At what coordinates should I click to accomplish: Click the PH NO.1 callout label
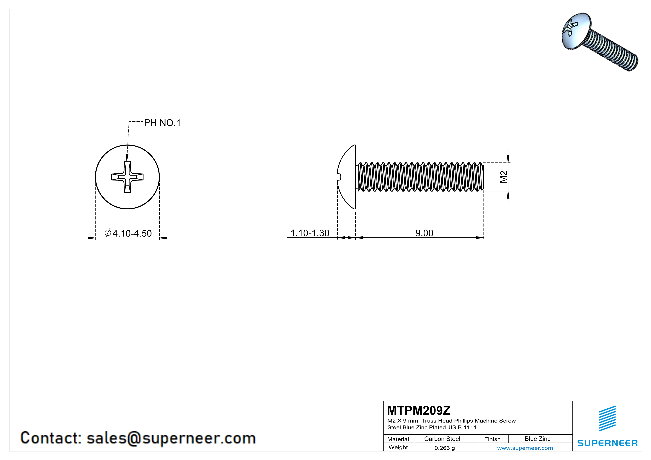(162, 123)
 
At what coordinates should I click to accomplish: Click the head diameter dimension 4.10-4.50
(132, 233)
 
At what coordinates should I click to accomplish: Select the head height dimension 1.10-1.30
(310, 233)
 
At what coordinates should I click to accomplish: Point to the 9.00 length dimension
(424, 233)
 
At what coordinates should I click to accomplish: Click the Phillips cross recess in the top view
(127, 177)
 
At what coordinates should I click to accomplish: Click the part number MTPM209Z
(418, 410)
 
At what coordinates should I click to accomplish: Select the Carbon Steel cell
(442, 439)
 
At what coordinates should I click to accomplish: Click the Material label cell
(398, 439)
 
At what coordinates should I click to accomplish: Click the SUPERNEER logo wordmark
(607, 443)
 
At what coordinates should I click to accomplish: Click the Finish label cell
(492, 439)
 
